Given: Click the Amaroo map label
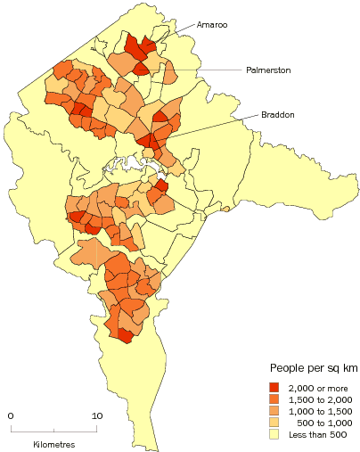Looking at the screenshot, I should click(x=211, y=26).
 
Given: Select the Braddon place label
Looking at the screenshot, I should click(x=278, y=115).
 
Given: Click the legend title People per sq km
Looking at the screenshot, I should click(x=307, y=368).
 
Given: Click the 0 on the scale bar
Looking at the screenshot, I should click(x=11, y=415).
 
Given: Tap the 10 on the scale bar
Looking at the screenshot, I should click(x=96, y=415).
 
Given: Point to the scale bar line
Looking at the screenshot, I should click(x=53, y=429).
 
